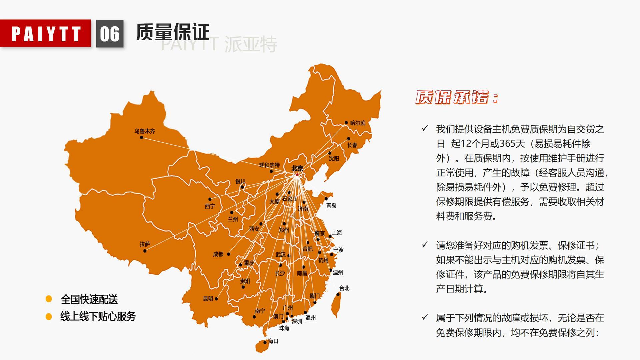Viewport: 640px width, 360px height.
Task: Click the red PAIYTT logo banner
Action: [x=45, y=33]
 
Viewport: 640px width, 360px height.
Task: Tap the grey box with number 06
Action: [x=110, y=34]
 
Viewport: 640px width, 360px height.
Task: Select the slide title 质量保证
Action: [x=172, y=32]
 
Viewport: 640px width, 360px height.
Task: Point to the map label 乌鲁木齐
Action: [x=145, y=131]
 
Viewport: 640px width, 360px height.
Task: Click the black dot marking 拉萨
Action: [x=145, y=251]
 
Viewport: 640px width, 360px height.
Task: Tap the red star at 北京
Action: [x=297, y=174]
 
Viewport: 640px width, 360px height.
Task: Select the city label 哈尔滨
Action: [x=358, y=123]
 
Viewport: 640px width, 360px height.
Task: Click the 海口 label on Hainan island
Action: [x=273, y=341]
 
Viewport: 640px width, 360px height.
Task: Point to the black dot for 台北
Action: [x=338, y=294]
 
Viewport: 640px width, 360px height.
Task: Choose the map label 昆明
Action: [x=208, y=299]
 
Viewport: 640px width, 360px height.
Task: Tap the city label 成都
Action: [x=218, y=254]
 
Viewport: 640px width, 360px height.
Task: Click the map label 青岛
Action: [x=331, y=206]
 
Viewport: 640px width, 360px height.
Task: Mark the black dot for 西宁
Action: [x=210, y=199]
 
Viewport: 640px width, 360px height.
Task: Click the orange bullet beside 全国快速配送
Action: [x=49, y=299]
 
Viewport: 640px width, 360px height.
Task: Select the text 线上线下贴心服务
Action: [x=98, y=316]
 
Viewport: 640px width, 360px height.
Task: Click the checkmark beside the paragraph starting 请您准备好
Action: [x=425, y=245]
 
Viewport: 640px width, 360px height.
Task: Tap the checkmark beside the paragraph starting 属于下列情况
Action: [x=425, y=317]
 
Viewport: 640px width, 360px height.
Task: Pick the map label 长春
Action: [x=352, y=145]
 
